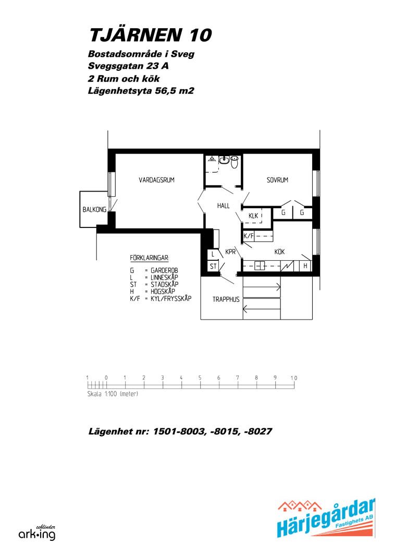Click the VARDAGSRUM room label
click(156, 180)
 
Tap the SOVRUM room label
click(277, 180)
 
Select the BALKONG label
click(94, 210)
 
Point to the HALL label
click(223, 206)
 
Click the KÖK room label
click(279, 252)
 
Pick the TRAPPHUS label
click(226, 299)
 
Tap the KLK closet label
click(253, 216)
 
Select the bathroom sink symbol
click(224, 160)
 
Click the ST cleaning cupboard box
click(213, 267)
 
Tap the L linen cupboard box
click(213, 255)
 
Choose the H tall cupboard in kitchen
click(305, 265)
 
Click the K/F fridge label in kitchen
click(249, 236)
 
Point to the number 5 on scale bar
click(200, 378)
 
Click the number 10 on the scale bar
click(294, 378)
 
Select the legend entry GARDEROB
click(164, 270)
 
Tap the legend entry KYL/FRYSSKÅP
click(171, 298)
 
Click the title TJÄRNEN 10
click(151, 35)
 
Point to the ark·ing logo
click(37, 533)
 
